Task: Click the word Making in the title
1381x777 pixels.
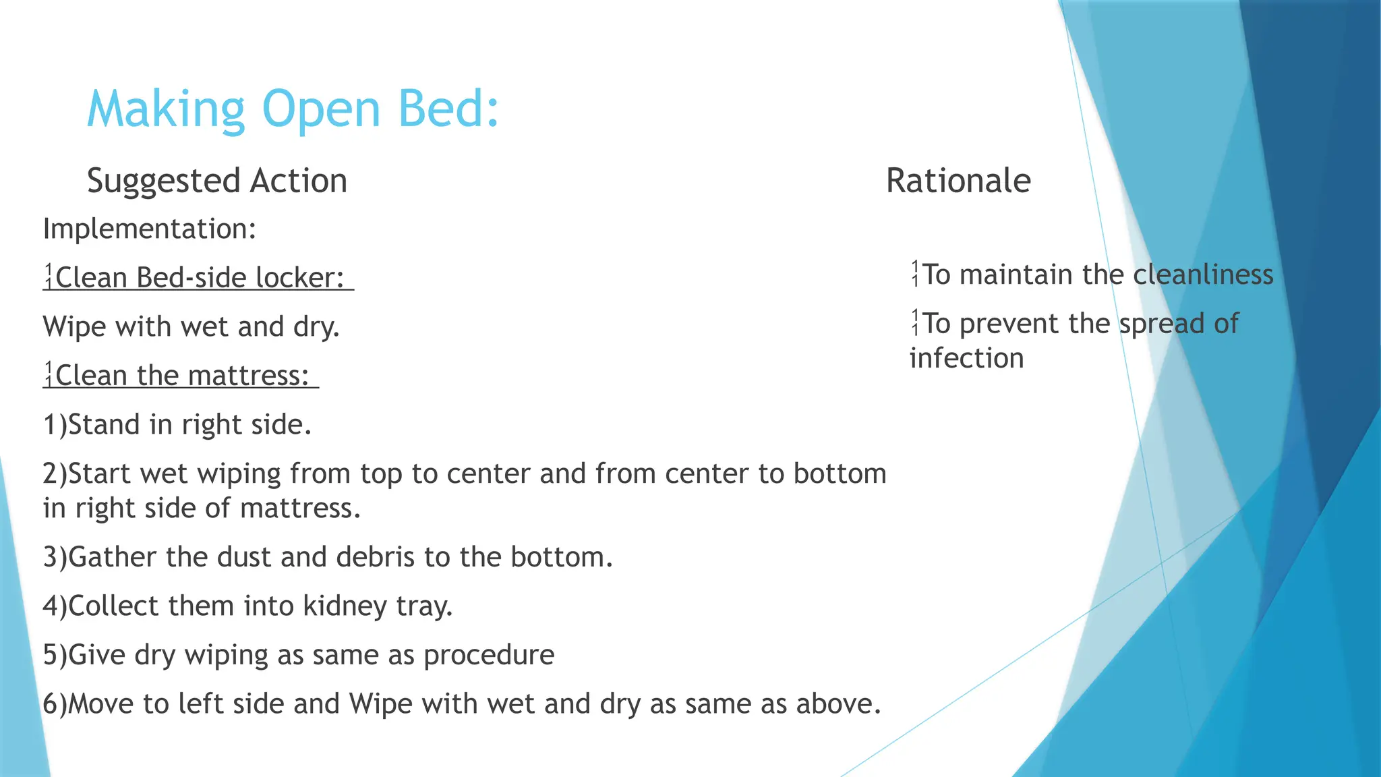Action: pyautogui.click(x=166, y=109)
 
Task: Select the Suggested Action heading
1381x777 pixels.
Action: pyautogui.click(x=216, y=181)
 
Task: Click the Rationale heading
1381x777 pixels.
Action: pyautogui.click(x=958, y=181)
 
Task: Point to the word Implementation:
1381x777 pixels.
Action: pyautogui.click(x=150, y=229)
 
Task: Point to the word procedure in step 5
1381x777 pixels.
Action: pyautogui.click(x=488, y=655)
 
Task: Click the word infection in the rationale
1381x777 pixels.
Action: pyautogui.click(x=966, y=358)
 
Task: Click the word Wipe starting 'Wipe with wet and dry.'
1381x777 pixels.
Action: pyautogui.click(x=74, y=327)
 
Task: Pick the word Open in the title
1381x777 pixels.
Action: pyautogui.click(x=321, y=109)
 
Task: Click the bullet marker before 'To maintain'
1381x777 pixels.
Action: pyautogui.click(x=915, y=274)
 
